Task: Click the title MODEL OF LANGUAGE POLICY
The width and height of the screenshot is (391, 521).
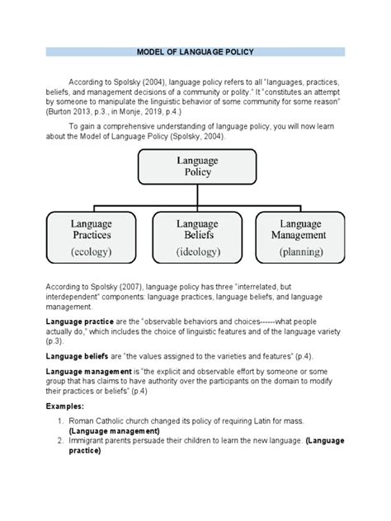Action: [x=195, y=51]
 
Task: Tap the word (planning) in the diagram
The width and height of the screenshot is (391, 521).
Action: [x=300, y=251]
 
